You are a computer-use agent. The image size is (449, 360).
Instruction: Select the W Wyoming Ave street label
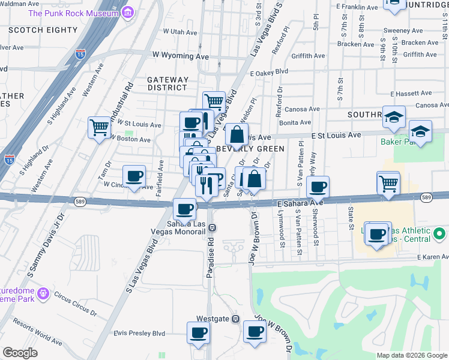point(179,56)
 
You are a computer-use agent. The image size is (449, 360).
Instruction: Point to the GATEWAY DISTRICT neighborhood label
point(168,83)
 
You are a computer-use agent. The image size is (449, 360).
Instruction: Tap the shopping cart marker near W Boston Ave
point(100,127)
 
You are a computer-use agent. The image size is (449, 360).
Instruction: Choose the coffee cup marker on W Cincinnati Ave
point(134,176)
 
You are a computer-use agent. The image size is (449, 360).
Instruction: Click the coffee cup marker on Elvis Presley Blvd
point(198,333)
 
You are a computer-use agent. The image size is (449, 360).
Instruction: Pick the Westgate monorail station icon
point(236,319)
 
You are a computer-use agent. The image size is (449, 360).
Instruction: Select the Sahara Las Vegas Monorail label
point(189,228)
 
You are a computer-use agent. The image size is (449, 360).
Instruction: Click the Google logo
point(20,352)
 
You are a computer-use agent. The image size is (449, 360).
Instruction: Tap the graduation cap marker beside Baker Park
point(420,132)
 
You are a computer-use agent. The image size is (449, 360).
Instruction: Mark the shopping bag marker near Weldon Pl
point(237,135)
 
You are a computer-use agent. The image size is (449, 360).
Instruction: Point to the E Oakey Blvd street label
point(269,71)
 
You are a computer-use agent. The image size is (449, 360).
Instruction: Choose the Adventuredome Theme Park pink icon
point(43,293)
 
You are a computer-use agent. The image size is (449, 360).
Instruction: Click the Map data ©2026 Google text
point(411,355)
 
